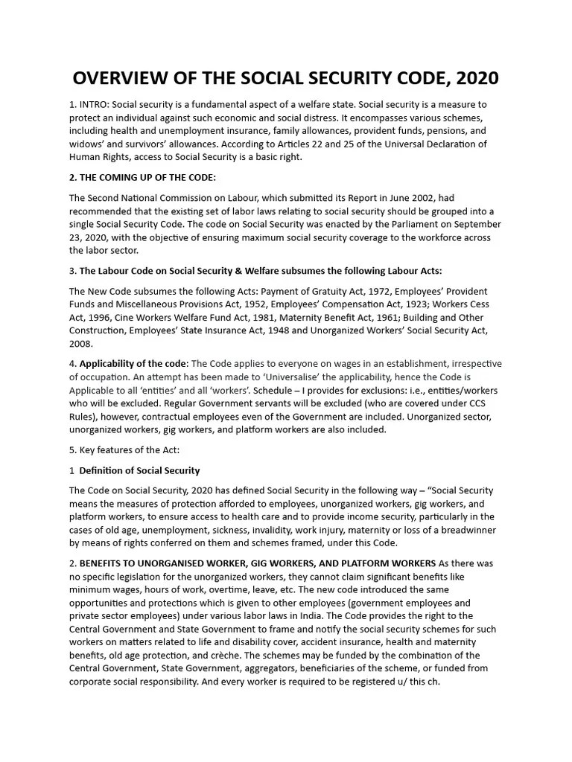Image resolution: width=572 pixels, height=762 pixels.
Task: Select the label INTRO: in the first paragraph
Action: [x=98, y=105]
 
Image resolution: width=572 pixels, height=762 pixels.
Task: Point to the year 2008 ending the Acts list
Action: [x=81, y=345]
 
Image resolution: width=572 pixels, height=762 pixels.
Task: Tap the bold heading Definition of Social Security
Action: [x=139, y=470]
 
